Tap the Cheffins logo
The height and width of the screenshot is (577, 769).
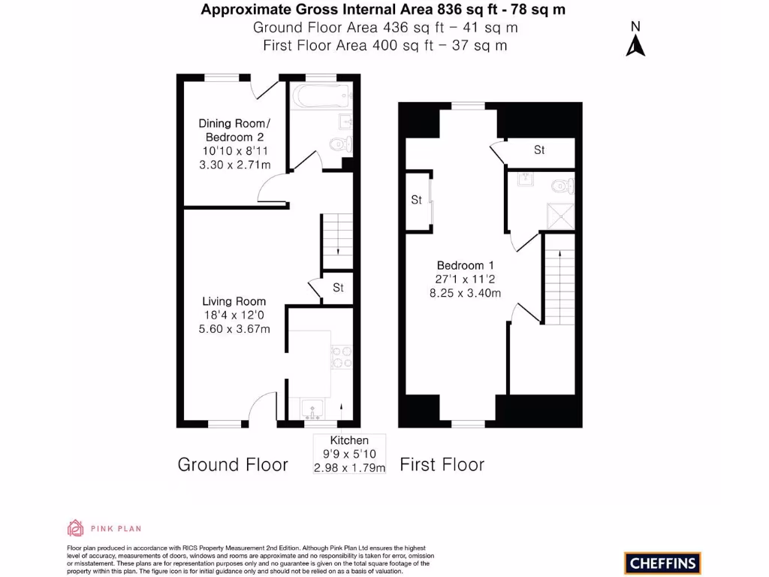662,563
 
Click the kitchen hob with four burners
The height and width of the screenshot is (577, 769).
342,355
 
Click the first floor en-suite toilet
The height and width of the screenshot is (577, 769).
559,185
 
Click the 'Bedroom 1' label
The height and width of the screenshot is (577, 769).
466,265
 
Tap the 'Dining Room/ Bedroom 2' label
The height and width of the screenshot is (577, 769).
232,130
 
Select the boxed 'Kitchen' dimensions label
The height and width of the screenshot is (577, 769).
349,454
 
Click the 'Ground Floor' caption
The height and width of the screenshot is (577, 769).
233,465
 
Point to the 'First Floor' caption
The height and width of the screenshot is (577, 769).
442,465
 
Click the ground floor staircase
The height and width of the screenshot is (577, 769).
337,241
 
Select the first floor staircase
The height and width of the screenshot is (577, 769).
559,278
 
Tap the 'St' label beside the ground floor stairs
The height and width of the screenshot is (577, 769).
338,288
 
